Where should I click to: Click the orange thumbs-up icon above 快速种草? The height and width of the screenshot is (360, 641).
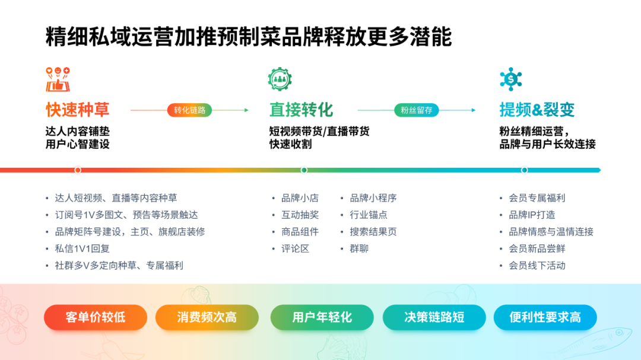point(58,79)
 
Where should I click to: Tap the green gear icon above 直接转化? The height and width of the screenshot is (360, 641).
point(280,79)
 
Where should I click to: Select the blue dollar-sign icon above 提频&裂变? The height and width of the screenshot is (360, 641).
point(510,79)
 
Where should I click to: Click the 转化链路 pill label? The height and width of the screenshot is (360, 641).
point(189,110)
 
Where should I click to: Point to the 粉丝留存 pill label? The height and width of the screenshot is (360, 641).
point(416,110)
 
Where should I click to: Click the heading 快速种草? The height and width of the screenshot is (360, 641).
point(78,110)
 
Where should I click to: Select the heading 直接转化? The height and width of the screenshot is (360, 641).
point(302,110)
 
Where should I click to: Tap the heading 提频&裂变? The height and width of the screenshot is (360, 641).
point(537,110)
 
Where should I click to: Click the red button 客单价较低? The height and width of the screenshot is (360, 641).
point(96,317)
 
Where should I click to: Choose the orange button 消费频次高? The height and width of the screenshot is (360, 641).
point(207,317)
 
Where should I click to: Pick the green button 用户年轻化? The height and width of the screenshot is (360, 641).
point(322,317)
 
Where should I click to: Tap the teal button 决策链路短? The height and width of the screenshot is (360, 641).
point(434,317)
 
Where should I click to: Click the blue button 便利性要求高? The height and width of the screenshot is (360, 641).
point(545,317)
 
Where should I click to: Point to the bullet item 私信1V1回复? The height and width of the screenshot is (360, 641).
point(82,249)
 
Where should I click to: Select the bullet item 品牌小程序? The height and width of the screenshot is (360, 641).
point(373,198)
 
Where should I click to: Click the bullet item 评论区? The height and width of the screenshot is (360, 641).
point(295,249)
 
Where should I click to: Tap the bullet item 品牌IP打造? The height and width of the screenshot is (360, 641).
point(532,215)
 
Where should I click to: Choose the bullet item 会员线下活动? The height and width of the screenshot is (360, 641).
point(537,266)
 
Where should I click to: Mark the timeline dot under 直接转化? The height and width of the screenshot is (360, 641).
point(304,170)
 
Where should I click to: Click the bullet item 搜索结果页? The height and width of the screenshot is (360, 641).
point(373,232)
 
